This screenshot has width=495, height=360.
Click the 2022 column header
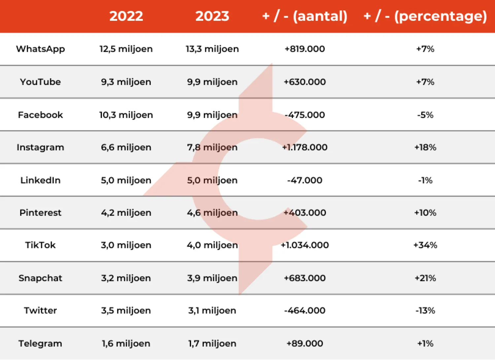(126, 16)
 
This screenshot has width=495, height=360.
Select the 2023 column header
(212, 16)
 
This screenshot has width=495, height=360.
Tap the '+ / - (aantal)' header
(305, 16)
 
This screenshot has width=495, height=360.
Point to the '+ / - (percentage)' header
(425, 16)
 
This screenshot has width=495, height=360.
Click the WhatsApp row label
(40, 49)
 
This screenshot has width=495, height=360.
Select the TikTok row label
(40, 245)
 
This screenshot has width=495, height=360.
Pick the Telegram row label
(40, 343)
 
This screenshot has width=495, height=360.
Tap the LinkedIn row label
(40, 180)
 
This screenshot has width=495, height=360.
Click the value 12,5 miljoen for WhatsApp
(126, 49)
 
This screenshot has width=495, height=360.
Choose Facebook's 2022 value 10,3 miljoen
(126, 115)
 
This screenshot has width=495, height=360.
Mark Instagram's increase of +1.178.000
(305, 147)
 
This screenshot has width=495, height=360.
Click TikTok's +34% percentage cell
(425, 245)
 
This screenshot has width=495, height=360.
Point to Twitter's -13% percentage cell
(425, 310)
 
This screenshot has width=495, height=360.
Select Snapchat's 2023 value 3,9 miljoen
(212, 278)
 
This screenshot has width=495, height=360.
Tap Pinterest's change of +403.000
(305, 213)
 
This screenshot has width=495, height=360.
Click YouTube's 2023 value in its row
(212, 82)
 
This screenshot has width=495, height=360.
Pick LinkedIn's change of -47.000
(305, 180)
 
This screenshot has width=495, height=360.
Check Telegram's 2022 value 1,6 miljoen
(126, 343)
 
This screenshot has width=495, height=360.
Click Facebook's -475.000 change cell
(305, 115)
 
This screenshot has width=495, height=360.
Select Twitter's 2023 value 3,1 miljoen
(212, 310)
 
